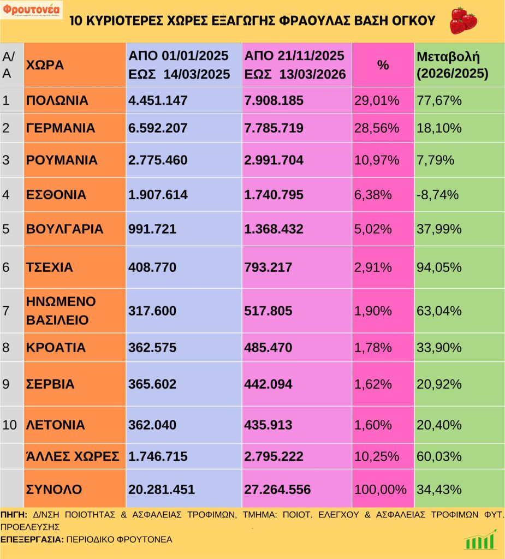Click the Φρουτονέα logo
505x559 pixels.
coord(31,10)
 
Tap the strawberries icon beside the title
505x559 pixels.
coord(463,20)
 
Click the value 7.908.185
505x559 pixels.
coord(274,100)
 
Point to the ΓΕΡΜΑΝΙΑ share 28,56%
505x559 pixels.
coord(377,128)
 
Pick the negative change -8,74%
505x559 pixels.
coord(438,195)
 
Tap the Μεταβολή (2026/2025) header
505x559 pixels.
coord(452,65)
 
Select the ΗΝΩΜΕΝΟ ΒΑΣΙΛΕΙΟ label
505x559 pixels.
coord(61,311)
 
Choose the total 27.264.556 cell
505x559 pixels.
coord(277,489)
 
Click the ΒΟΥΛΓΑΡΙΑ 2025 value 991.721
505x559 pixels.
coord(152,229)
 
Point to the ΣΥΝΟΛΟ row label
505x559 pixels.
coord(54,489)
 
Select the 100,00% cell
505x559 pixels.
coord(381,489)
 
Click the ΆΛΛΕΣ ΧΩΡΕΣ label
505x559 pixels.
coord(73,456)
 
